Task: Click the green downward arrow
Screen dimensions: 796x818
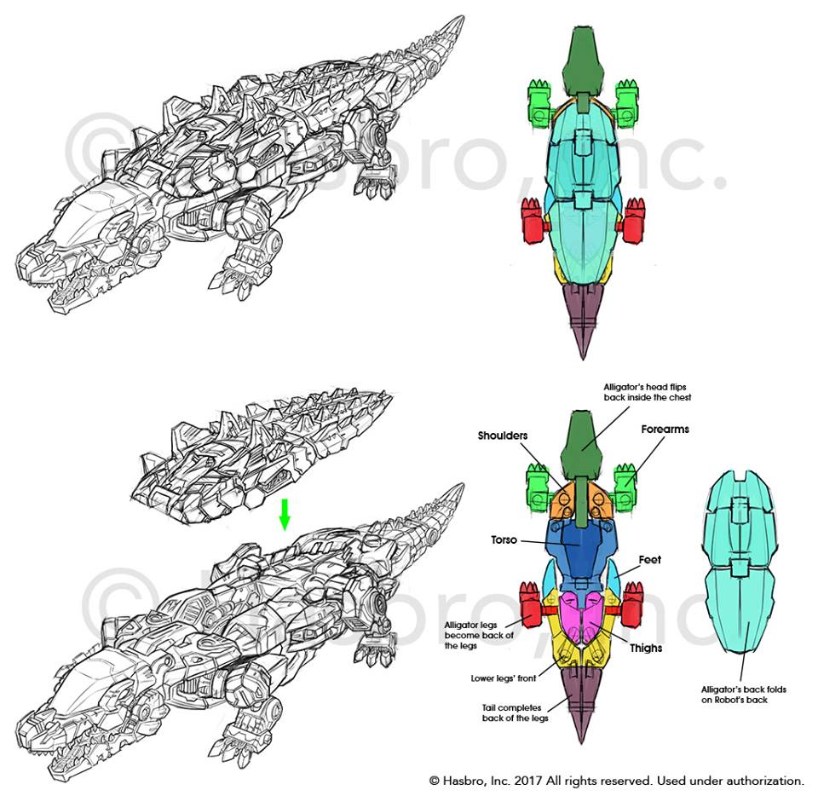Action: click(x=285, y=514)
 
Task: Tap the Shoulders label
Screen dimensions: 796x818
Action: click(x=504, y=435)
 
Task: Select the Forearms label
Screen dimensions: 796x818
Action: click(x=665, y=430)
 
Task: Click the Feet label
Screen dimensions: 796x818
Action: click(x=650, y=560)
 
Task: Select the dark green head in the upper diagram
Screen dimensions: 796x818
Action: click(x=583, y=55)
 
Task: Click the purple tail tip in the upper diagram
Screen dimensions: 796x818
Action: click(x=583, y=320)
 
